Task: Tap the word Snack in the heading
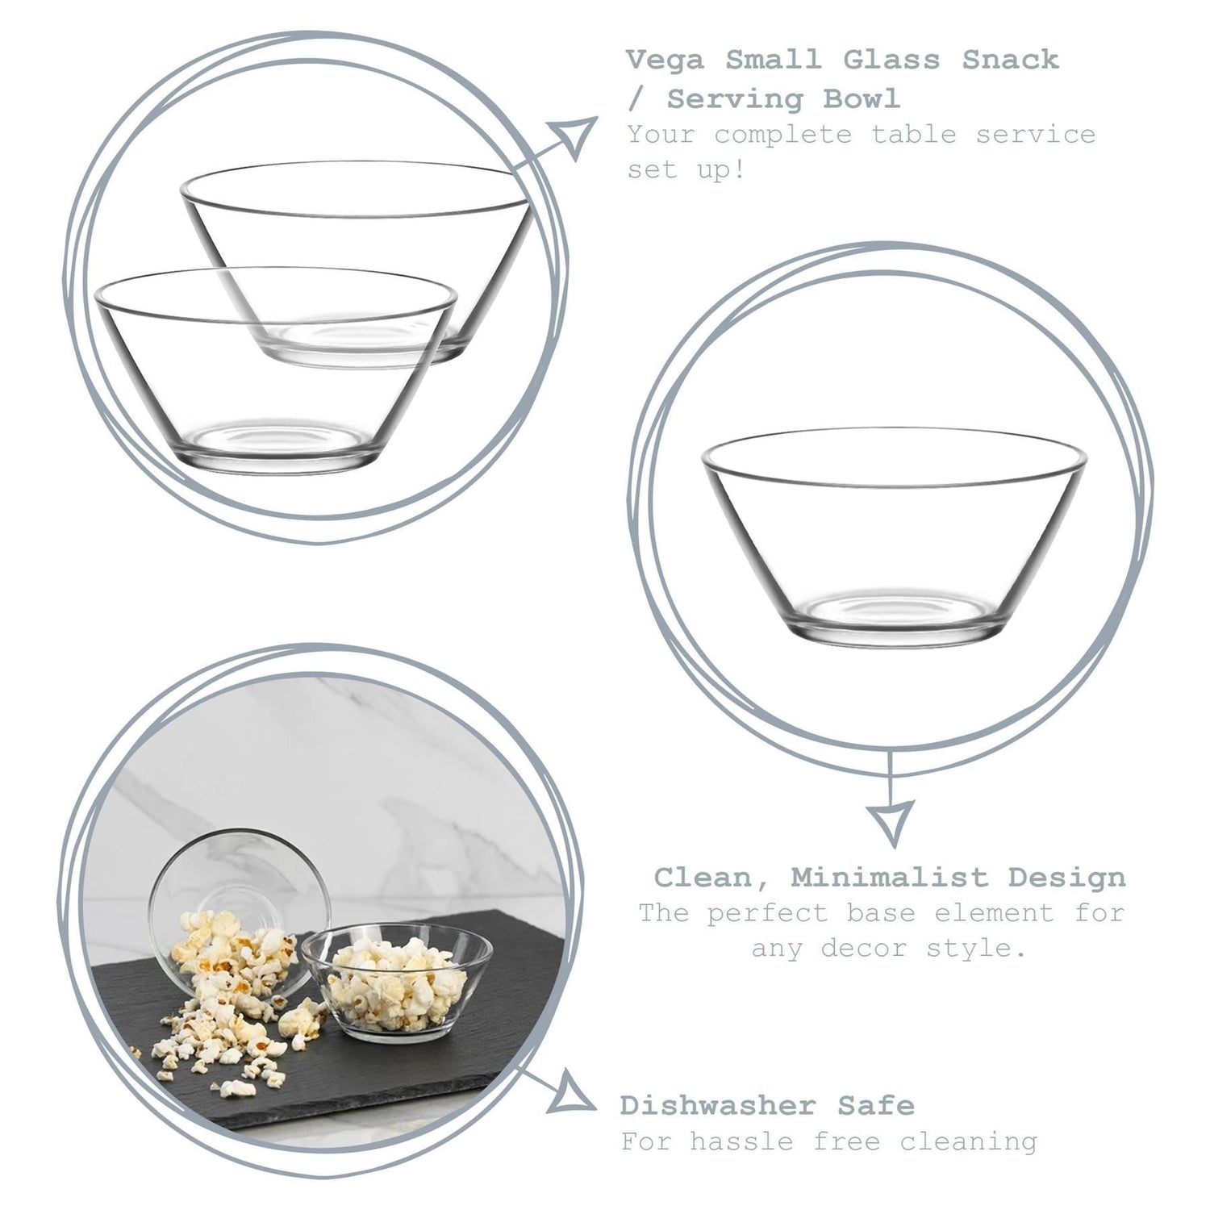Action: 1010,60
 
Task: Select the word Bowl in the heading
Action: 861,99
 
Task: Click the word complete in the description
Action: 782,136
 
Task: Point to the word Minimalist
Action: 889,877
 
